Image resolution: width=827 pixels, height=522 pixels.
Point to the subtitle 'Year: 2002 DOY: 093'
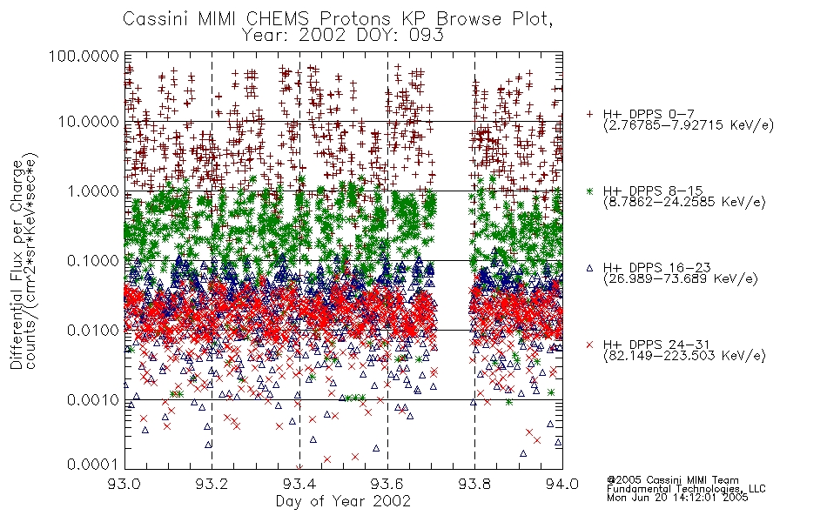coord(343,36)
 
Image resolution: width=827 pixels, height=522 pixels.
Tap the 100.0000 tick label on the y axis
coord(84,56)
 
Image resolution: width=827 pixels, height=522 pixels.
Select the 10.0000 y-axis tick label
coord(89,122)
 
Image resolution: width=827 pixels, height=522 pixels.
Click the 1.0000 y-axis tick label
coord(93,191)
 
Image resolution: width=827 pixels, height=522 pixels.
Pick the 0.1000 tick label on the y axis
coord(93,260)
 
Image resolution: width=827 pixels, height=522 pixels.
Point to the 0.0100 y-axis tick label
coord(93,331)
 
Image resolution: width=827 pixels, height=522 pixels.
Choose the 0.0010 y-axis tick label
coord(93,400)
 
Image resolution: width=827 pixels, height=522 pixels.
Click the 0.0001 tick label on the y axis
coord(93,465)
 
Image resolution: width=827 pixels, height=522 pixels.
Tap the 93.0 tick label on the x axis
coord(124,484)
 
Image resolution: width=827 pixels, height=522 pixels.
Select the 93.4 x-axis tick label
coord(299,484)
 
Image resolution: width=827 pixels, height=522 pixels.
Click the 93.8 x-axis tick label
coord(474,484)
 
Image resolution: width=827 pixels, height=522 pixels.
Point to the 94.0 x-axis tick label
coord(562,484)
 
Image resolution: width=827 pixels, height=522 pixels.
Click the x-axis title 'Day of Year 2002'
coord(343,501)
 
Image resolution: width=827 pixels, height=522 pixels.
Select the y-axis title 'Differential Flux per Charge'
coord(17,264)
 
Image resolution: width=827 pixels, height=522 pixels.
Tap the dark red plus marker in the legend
coord(589,113)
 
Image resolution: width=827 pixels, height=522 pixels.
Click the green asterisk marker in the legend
coord(589,191)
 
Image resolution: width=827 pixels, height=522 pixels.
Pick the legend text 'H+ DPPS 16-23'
coord(656,268)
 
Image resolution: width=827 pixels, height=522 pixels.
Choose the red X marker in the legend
coord(589,345)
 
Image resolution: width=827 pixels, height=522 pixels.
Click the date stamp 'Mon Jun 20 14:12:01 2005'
coord(677,498)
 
